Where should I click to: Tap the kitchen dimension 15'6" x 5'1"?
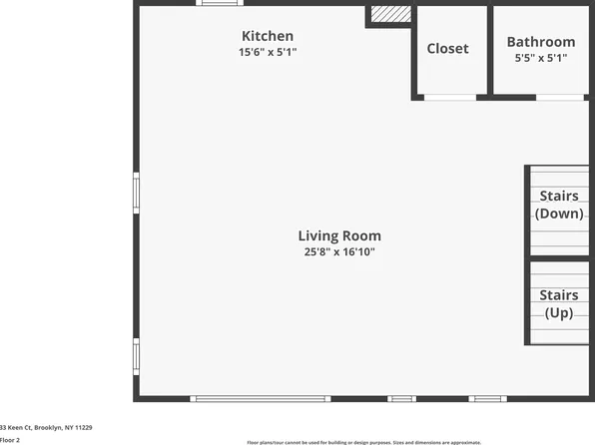pos(267,52)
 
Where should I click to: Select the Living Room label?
pos(339,236)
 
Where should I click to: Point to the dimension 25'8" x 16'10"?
pos(339,252)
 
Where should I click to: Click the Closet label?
pos(447,49)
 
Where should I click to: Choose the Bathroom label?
pos(541,42)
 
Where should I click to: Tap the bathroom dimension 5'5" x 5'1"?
pos(541,58)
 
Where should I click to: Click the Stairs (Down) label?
pos(559,205)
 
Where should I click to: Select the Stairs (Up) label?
pos(559,304)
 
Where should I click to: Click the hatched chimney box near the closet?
pos(390,15)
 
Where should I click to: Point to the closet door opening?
pos(449,97)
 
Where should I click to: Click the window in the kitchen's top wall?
pos(220,4)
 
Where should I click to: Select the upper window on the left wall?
pos(136,193)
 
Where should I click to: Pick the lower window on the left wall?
pos(136,356)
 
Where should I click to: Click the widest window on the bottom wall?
pos(261,399)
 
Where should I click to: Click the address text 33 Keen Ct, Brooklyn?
pos(46,427)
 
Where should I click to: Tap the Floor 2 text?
pos(10,439)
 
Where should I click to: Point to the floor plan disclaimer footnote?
pos(363,442)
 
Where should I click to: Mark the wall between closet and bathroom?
pos(490,50)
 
